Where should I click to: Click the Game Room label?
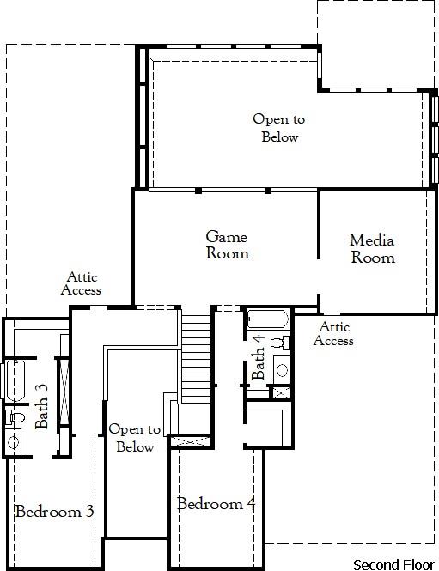point(227,245)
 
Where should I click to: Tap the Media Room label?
point(372,249)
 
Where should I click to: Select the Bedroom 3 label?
point(54,512)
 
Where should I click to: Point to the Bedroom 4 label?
point(216,504)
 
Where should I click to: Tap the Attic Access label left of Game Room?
point(82,283)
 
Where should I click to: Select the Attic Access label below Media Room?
point(333,334)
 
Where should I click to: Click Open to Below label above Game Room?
point(278,128)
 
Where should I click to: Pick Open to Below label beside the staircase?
point(135,438)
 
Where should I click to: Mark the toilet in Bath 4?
point(277,343)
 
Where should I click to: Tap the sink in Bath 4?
point(281,369)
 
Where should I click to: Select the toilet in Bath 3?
point(12,417)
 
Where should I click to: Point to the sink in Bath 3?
point(14,443)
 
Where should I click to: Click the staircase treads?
point(197,352)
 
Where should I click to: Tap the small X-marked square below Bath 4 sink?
point(280,392)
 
